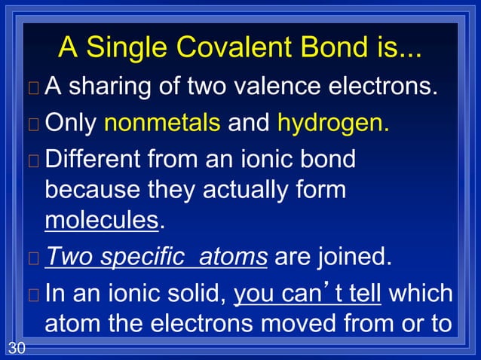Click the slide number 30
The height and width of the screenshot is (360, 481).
[x=15, y=347]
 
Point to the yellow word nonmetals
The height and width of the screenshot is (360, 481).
[x=161, y=123]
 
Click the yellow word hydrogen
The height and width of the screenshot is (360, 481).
[x=333, y=123]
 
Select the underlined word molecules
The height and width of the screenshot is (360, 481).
[x=102, y=221]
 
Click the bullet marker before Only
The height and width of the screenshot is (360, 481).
[x=32, y=124]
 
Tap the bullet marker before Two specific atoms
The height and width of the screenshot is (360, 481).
[x=32, y=258]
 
